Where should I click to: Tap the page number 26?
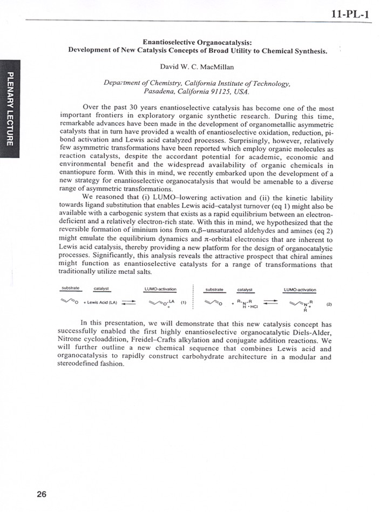pos(43,493)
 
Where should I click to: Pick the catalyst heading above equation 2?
pos(245,289)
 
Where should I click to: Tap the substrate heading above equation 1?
pos(71,289)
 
